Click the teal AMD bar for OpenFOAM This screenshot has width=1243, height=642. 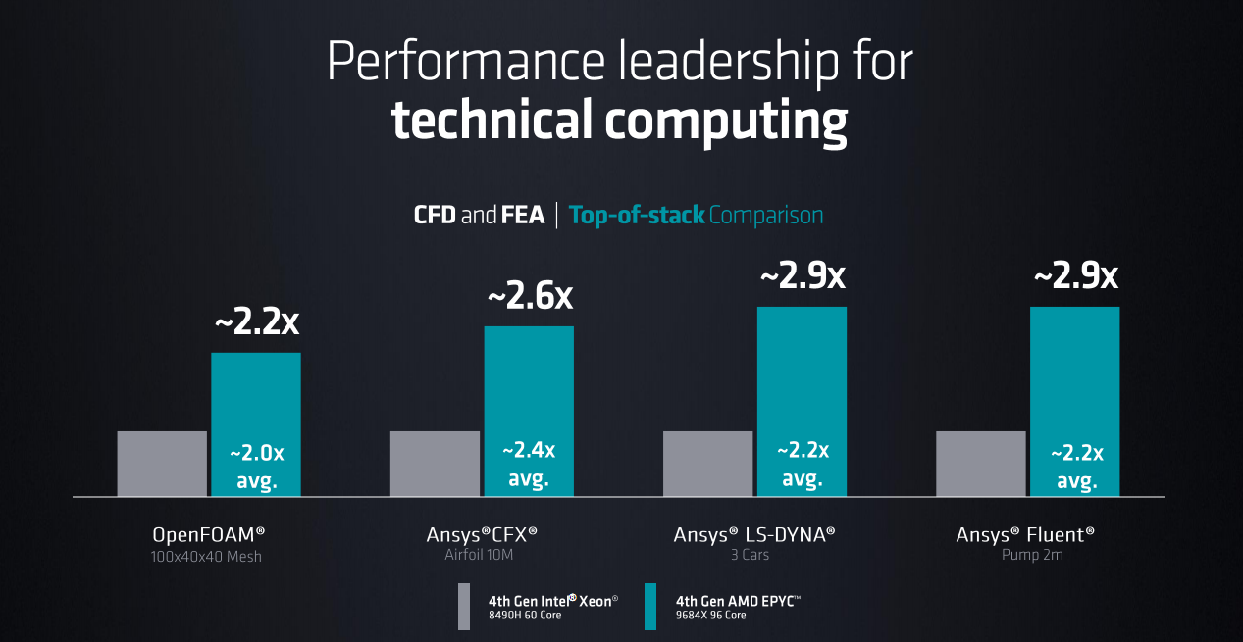(x=256, y=392)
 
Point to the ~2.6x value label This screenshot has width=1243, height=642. (x=530, y=296)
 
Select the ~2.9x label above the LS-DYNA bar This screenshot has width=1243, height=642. (x=803, y=275)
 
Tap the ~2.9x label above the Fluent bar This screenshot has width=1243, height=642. (x=1075, y=275)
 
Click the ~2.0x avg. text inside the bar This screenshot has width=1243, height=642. (x=256, y=467)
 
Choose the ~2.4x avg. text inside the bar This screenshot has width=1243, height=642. (x=529, y=465)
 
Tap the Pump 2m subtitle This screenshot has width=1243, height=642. (x=1025, y=556)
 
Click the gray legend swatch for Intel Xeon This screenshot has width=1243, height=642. (x=464, y=607)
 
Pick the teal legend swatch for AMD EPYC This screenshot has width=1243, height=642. (x=650, y=607)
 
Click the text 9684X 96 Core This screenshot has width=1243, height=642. (x=711, y=616)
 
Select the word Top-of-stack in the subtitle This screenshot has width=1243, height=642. (x=637, y=215)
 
